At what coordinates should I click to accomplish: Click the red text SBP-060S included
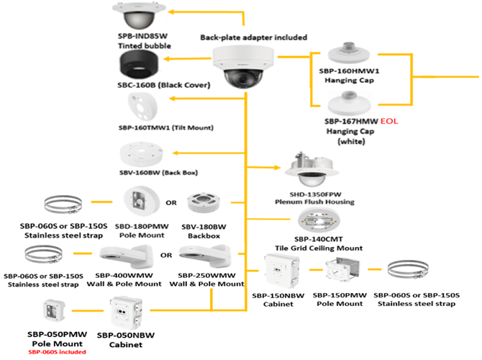pos(56,353)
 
